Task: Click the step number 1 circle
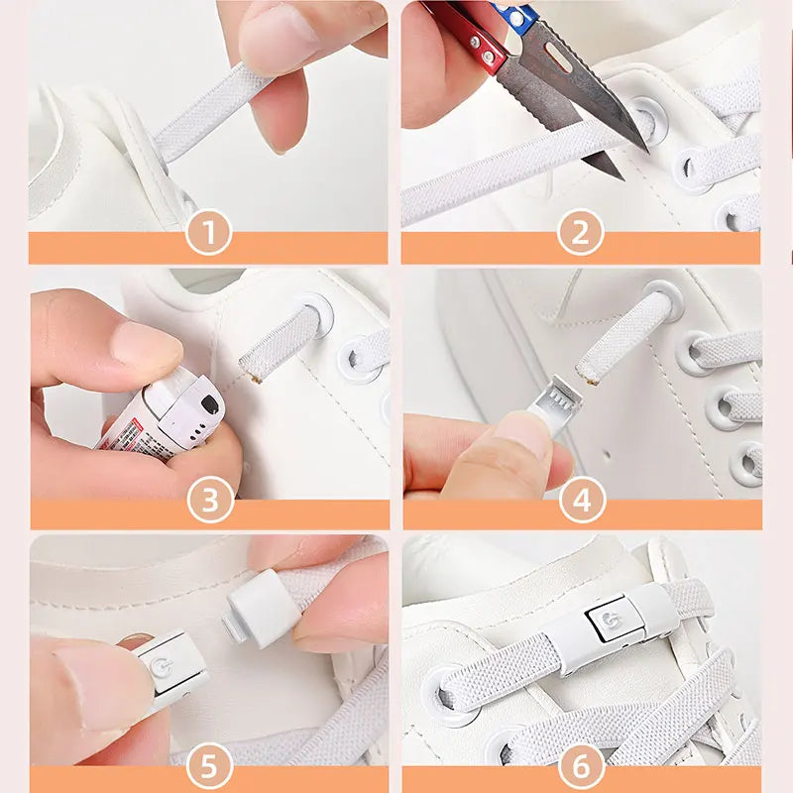[x=208, y=235]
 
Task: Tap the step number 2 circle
[x=581, y=235]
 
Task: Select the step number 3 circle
[x=210, y=501]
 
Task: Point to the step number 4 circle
[x=582, y=501]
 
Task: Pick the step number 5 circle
[x=210, y=765]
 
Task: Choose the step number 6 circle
[x=582, y=765]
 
